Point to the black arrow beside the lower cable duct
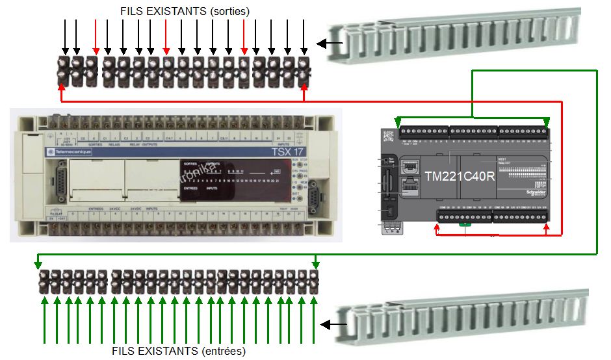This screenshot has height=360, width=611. tap(336, 323)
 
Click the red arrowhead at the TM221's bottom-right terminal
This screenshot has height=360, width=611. tap(547, 229)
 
